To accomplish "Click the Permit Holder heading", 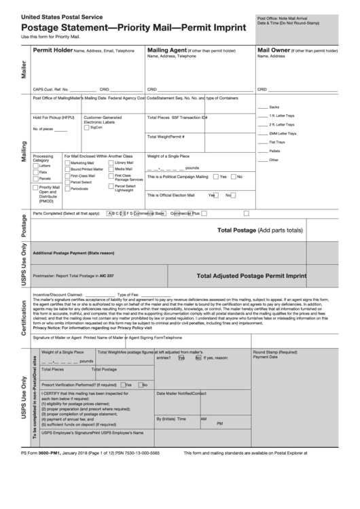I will (52, 50).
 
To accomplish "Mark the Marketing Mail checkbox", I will (67, 163).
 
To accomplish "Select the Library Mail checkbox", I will (111, 163).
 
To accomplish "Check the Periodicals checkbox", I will (67, 188).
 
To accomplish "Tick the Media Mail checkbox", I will (111, 169).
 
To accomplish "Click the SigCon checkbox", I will (87, 127).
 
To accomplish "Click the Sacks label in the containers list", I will (274, 107).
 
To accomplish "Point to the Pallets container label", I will (275, 151).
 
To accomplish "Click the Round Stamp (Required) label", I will (274, 352).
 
